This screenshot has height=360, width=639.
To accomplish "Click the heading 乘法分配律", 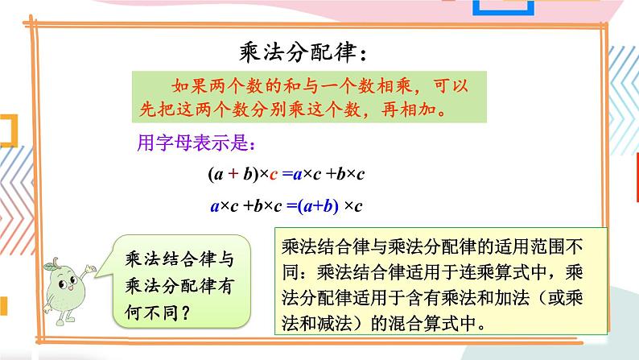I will tap(295, 54).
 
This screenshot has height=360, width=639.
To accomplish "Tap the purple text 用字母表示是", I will tap(192, 145).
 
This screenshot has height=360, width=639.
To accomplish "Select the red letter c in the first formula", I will tap(274, 174).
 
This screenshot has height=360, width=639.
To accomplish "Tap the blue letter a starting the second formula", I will tap(214, 206).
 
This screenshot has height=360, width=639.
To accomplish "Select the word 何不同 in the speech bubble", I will tap(153, 310).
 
